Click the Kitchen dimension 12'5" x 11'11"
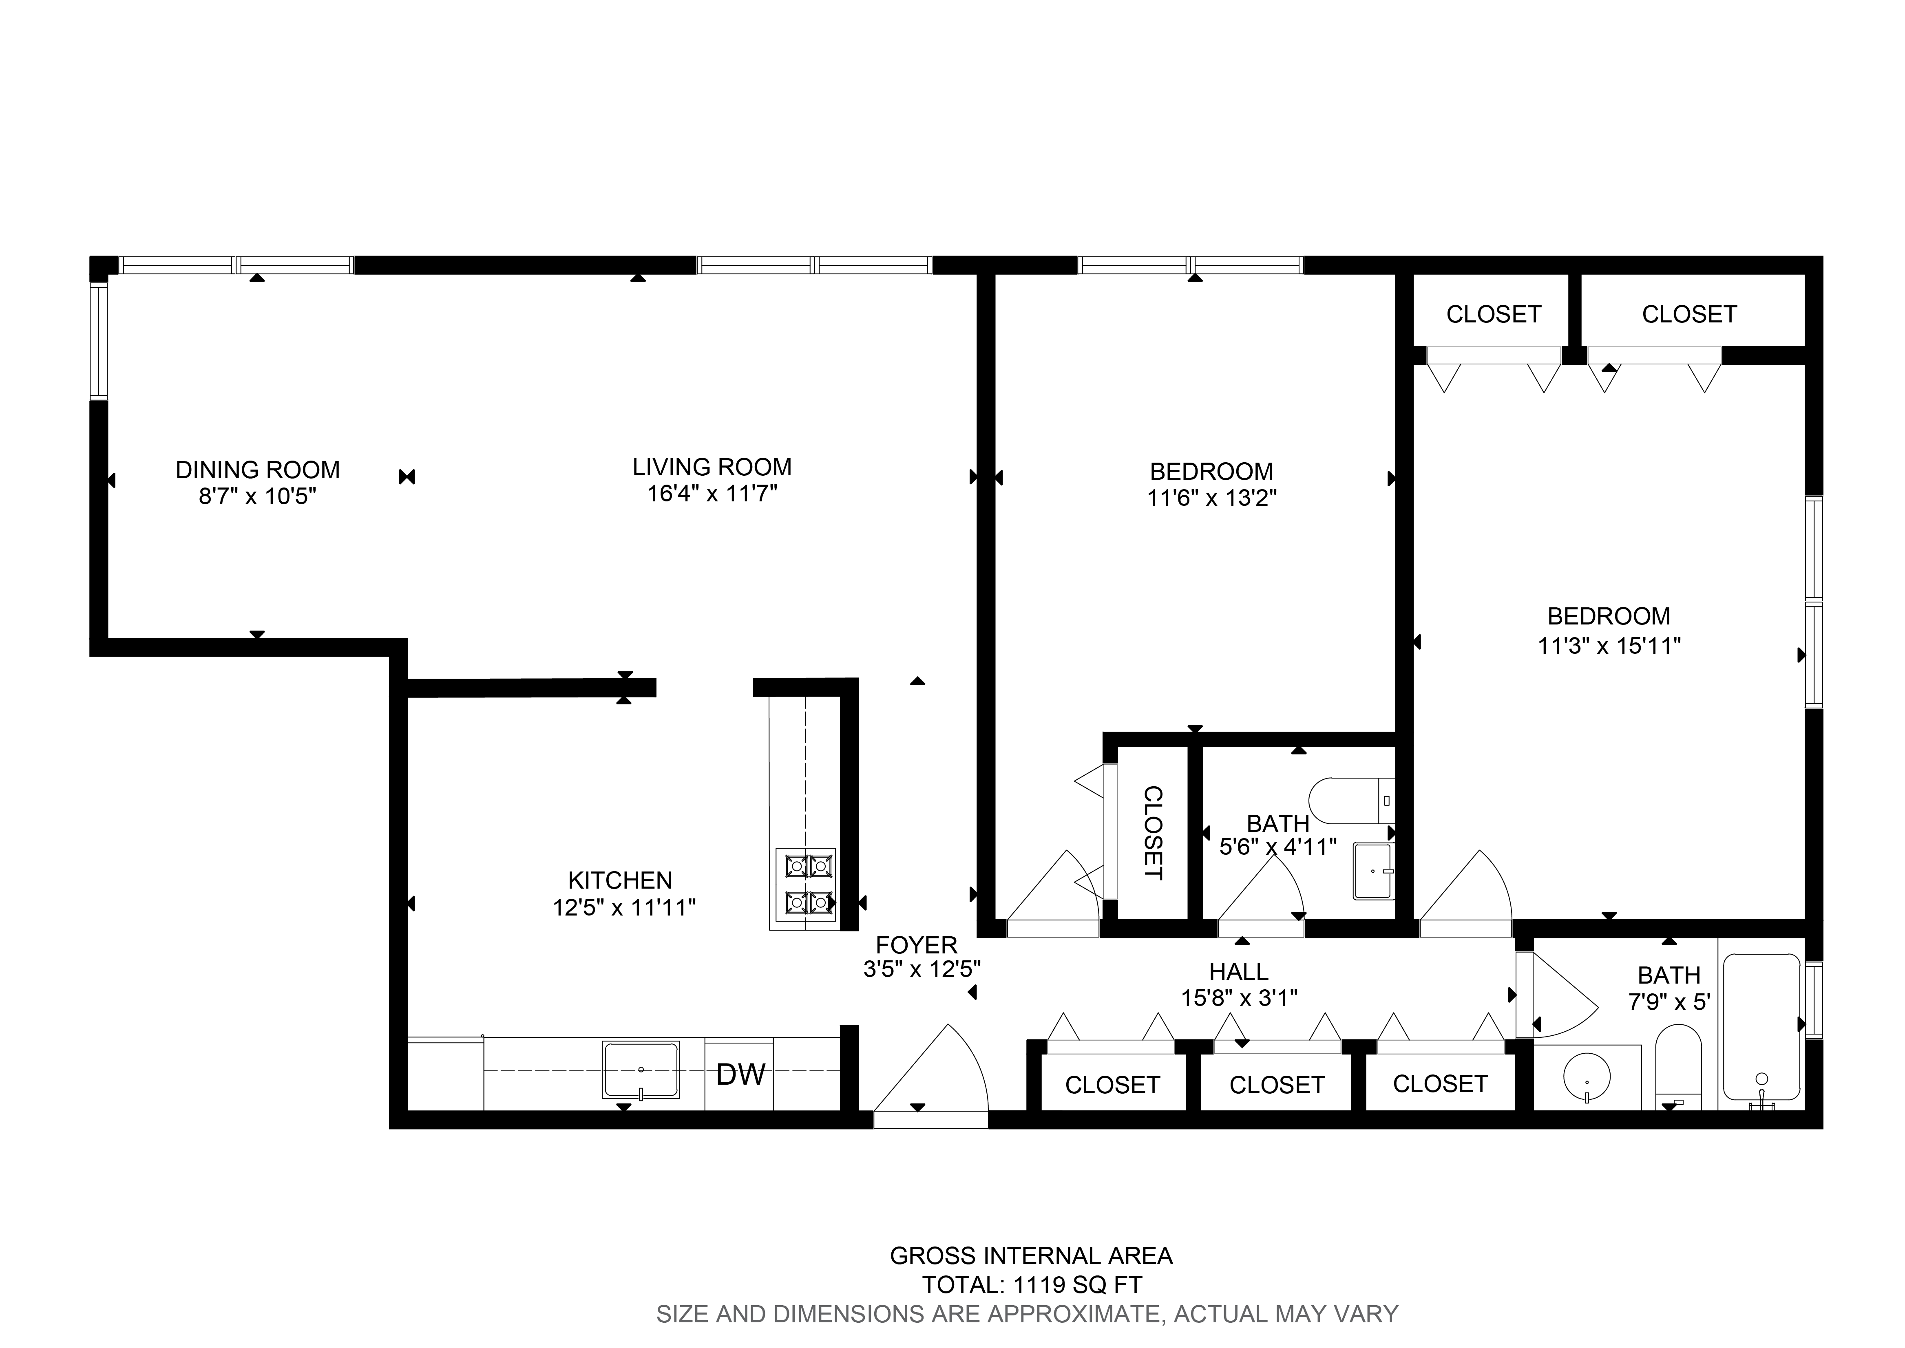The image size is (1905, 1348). tap(623, 907)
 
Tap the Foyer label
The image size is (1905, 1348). tap(916, 944)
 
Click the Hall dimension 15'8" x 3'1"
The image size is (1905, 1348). tap(1238, 997)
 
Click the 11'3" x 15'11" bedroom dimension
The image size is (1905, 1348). tap(1609, 645)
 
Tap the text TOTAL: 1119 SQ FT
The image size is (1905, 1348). tap(1032, 1285)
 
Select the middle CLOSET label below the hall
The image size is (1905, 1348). tap(1277, 1085)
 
